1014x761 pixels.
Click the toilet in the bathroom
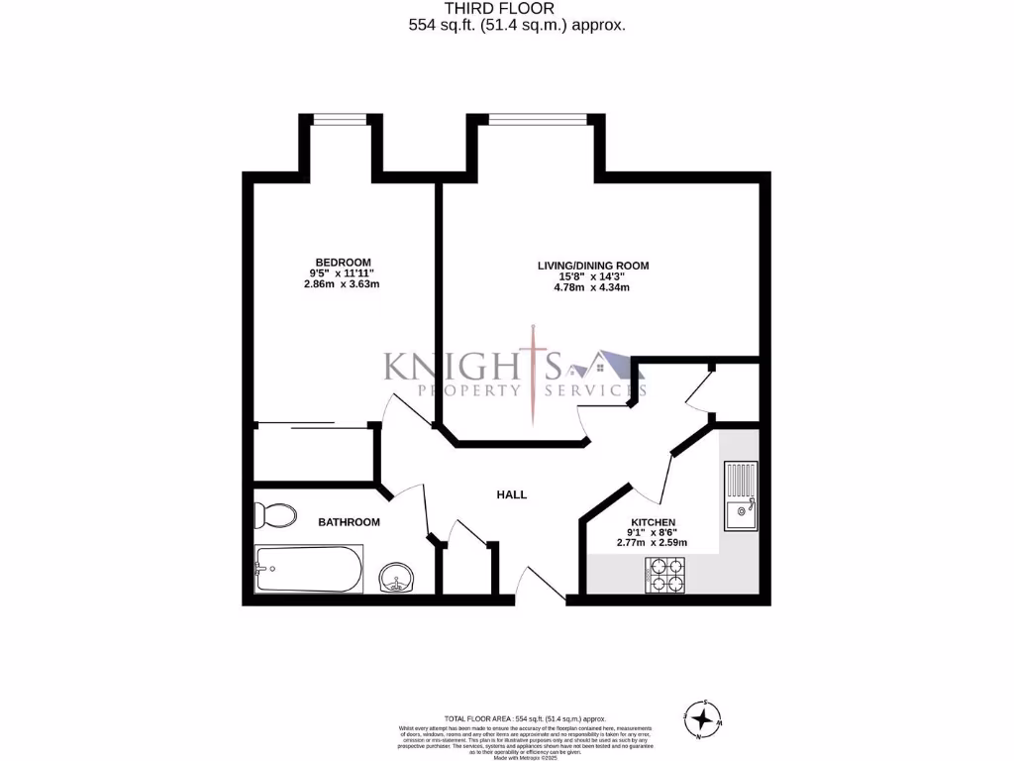(x=275, y=515)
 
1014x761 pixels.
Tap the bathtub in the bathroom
(x=308, y=569)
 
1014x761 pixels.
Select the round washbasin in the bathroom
(x=399, y=577)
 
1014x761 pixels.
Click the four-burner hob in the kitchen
(x=665, y=574)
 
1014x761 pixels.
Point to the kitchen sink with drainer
(x=740, y=495)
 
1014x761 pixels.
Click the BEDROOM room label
(x=343, y=262)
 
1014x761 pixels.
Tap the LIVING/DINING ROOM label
(x=592, y=265)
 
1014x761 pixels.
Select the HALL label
(x=512, y=494)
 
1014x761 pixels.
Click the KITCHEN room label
(x=653, y=522)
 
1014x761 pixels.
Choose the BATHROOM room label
(x=349, y=522)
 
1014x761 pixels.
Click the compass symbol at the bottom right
(x=702, y=717)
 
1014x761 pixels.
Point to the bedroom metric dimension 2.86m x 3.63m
(x=343, y=284)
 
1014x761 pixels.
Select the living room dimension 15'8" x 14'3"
(x=592, y=276)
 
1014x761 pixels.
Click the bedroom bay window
(x=342, y=119)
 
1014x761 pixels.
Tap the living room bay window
(x=535, y=119)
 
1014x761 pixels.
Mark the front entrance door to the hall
(x=541, y=586)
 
